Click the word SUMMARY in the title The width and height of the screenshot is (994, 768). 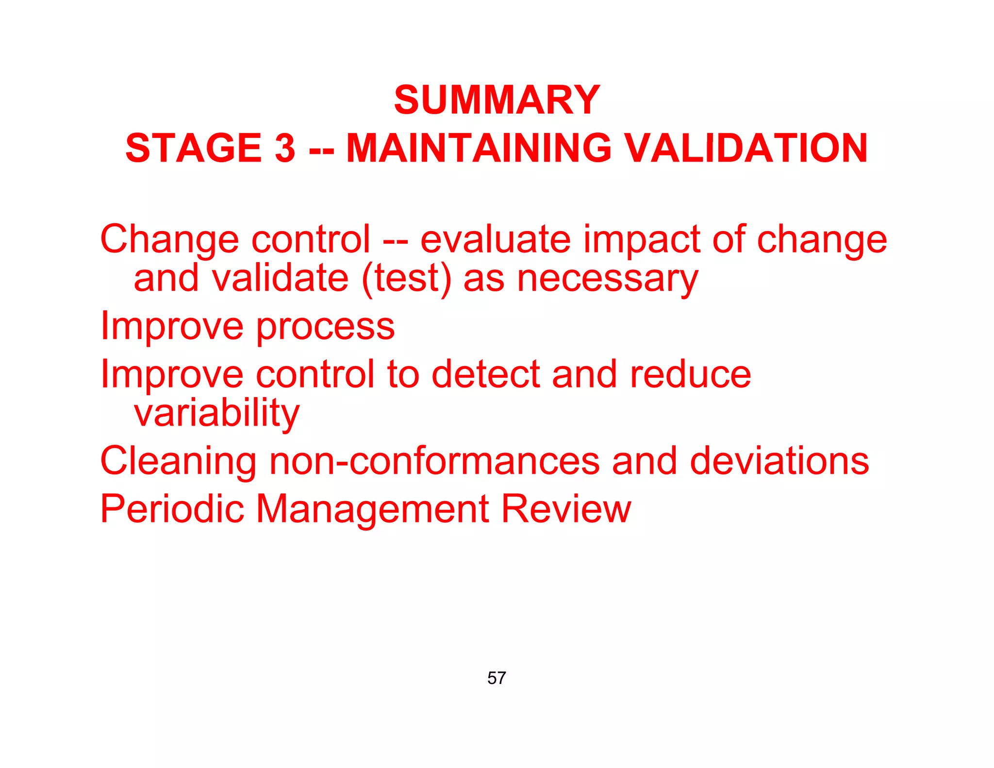[x=497, y=100]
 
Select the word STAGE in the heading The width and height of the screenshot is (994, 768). [x=193, y=148]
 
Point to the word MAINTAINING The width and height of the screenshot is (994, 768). [x=479, y=148]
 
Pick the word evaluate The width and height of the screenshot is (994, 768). [x=495, y=239]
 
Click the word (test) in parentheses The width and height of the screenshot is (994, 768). [x=406, y=279]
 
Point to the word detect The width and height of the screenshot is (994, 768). [x=485, y=374]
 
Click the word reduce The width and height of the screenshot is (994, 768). [x=690, y=374]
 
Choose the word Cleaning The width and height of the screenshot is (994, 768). [x=178, y=462]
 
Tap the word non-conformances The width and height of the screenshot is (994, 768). [x=434, y=461]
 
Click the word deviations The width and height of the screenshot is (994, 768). [x=779, y=461]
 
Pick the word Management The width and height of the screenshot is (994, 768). [x=372, y=510]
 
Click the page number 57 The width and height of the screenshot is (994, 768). [x=497, y=678]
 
